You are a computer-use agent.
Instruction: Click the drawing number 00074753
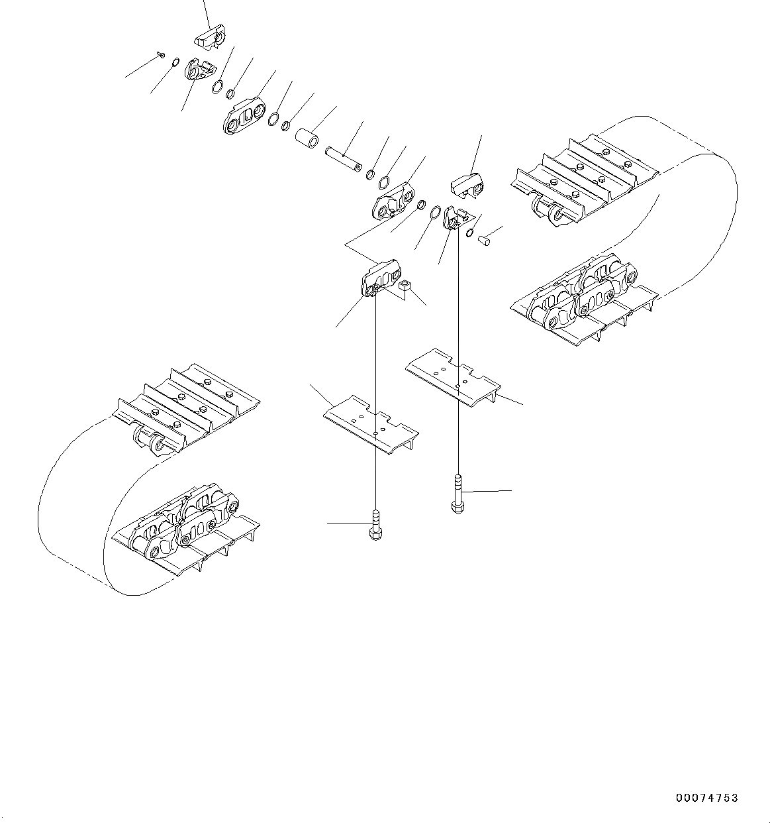point(706,798)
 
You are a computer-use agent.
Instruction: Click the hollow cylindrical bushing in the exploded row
point(307,140)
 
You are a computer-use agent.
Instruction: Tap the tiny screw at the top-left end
point(161,55)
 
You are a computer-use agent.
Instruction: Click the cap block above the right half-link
point(469,185)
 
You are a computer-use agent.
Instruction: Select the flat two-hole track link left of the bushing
point(242,118)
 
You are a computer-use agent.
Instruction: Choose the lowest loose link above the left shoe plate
point(381,279)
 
